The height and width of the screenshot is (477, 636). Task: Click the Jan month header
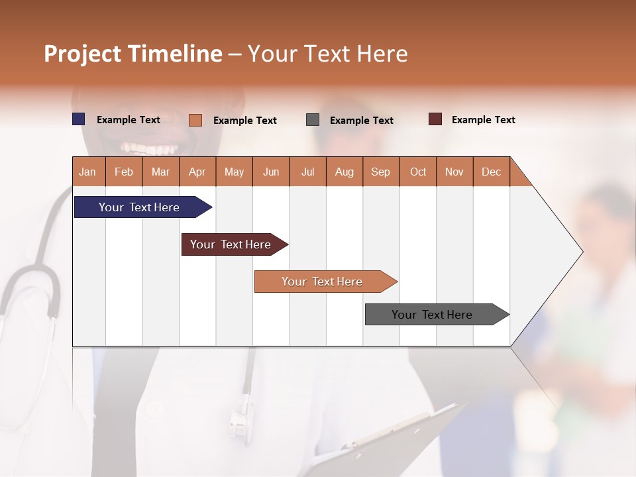coord(88,172)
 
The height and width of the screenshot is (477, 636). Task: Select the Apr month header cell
coord(197,172)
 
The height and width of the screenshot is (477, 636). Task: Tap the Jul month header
coord(307,172)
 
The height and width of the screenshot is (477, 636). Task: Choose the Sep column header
coord(381,172)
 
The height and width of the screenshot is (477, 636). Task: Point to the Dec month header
coord(491,172)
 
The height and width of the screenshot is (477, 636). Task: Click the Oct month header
coord(418,172)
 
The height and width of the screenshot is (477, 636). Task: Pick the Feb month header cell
coord(124,172)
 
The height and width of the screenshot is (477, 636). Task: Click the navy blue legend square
coord(79,119)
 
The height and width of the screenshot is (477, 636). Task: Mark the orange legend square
coord(195,120)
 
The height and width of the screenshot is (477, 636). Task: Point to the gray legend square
coord(313,120)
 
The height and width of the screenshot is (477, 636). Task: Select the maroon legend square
coord(435,119)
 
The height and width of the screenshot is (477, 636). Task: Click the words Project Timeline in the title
coord(132,54)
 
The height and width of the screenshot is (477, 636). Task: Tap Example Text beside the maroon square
coord(483,120)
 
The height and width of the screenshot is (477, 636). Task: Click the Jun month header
coord(271,172)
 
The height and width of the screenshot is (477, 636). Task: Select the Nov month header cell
coord(454,172)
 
